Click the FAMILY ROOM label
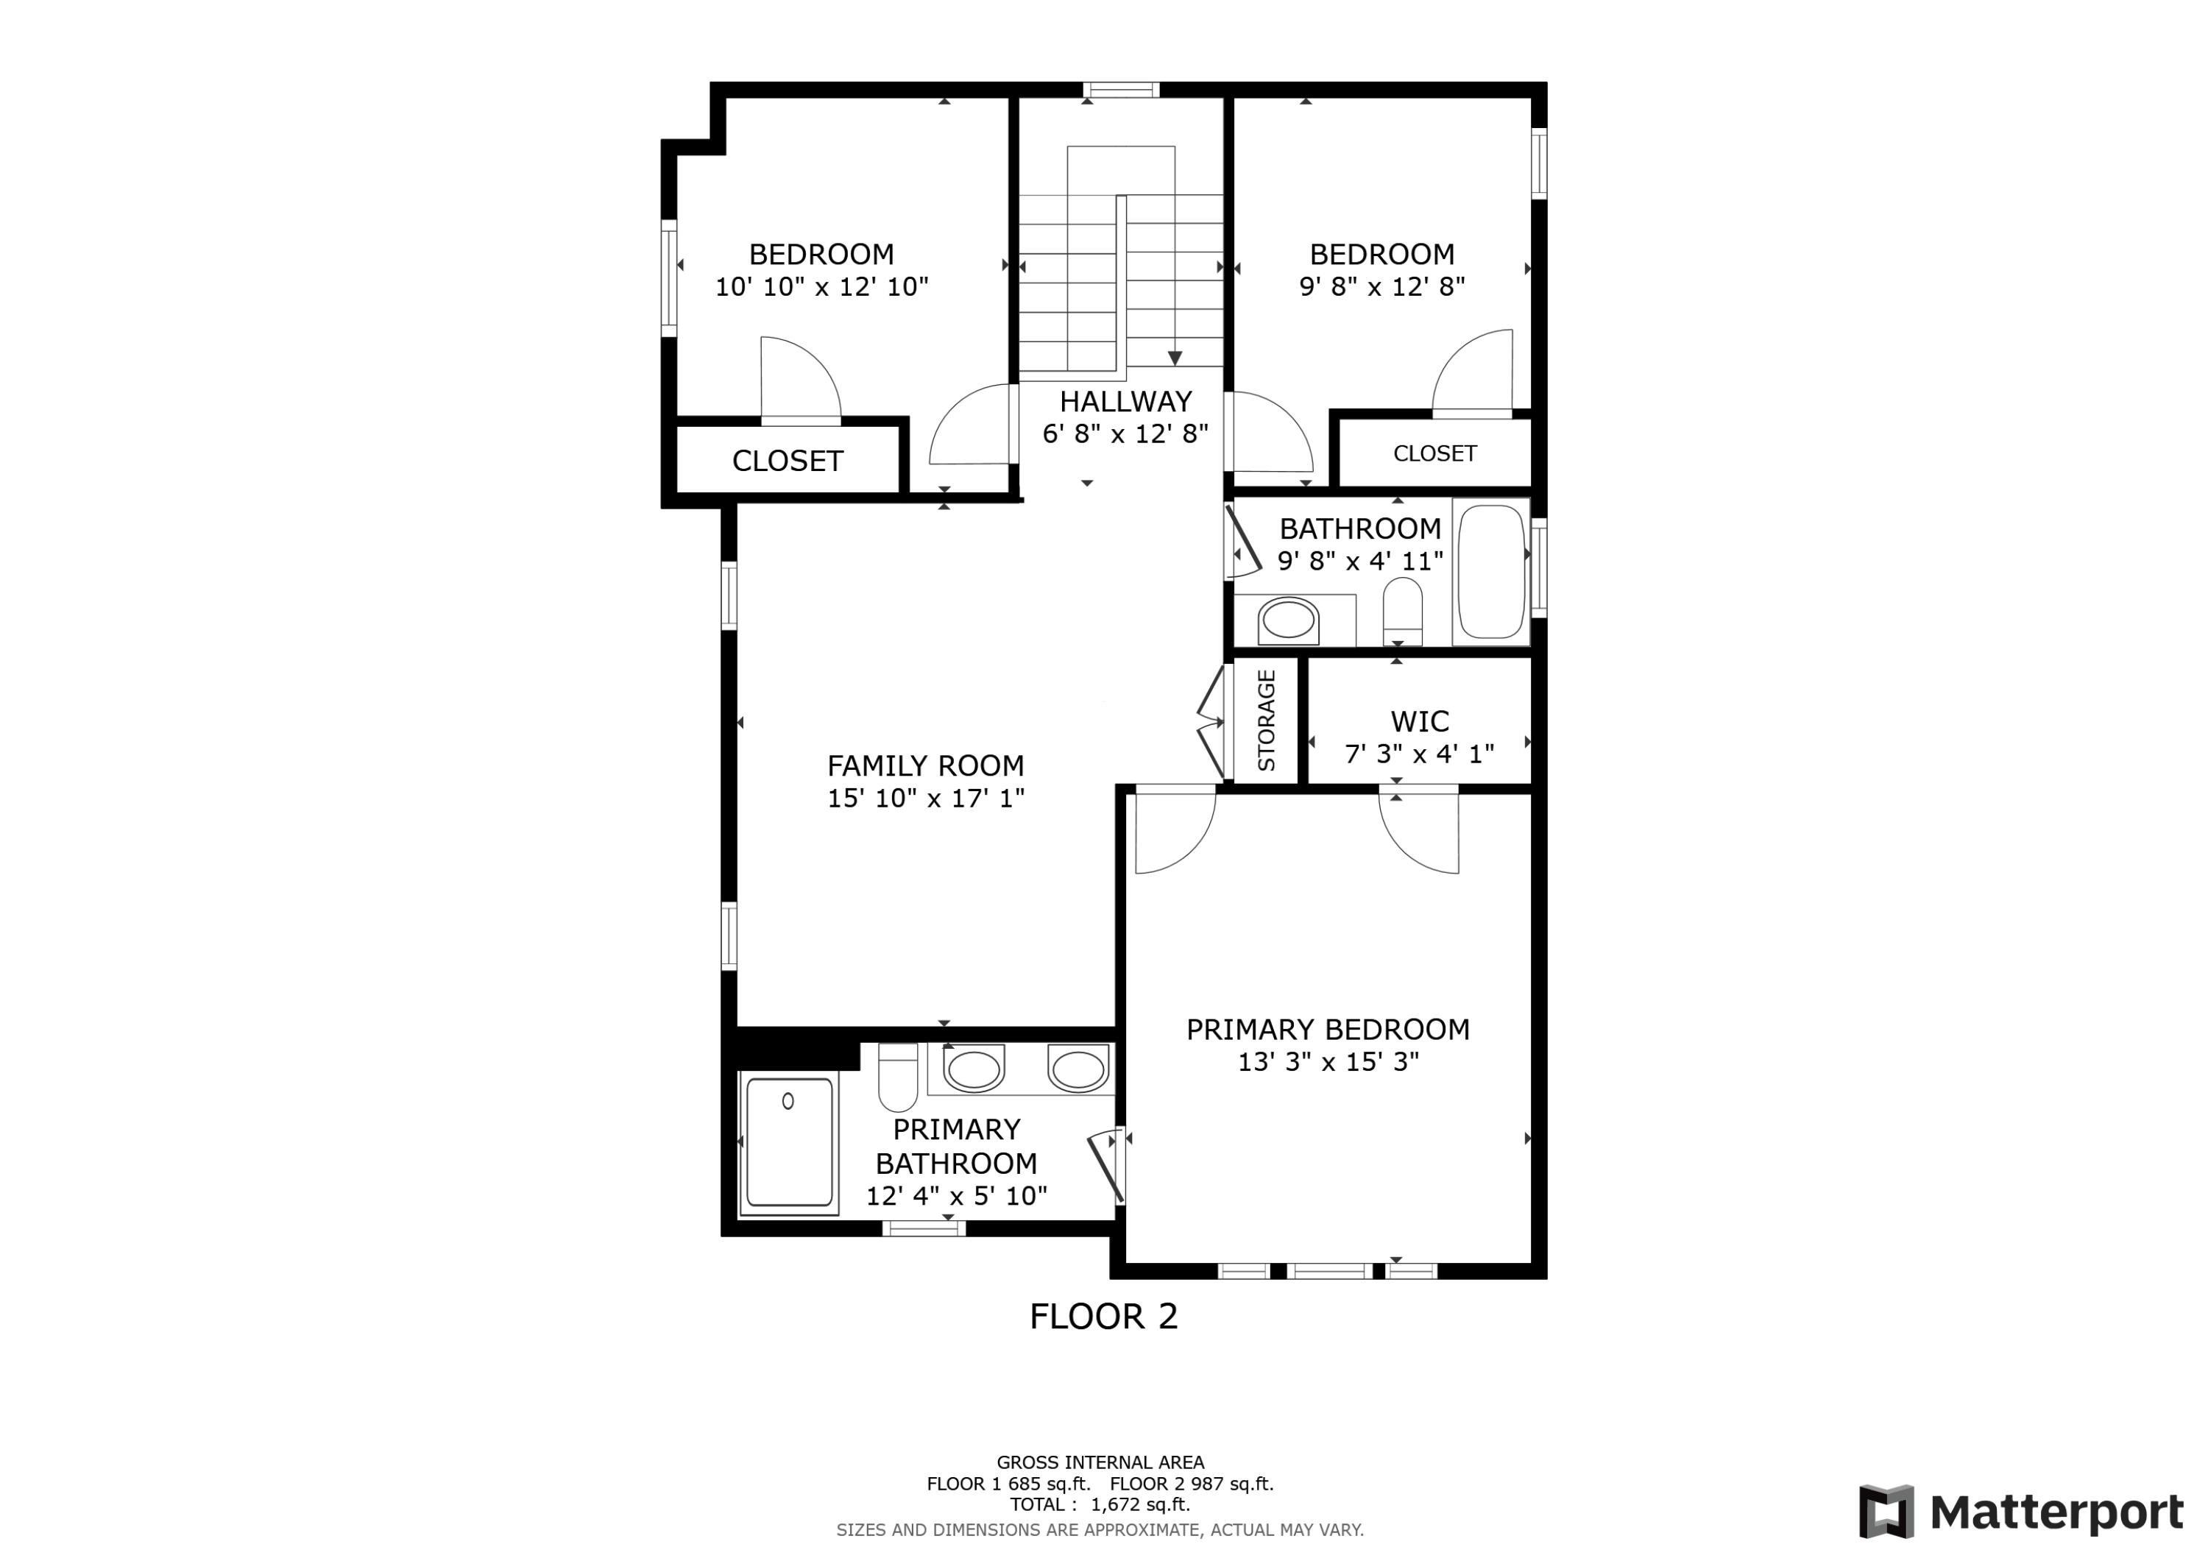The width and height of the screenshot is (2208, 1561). coord(925,765)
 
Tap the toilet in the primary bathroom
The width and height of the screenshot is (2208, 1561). coord(897,1078)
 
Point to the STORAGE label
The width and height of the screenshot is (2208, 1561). coord(1267,721)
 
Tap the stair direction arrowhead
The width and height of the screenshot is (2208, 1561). coord(1174,358)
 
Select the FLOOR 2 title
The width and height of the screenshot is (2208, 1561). coord(1103,1316)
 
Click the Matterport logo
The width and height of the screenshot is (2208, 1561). coord(2020,1512)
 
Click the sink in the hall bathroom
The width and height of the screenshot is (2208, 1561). coord(1288,620)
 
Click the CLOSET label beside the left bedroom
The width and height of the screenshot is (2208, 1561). coord(787,461)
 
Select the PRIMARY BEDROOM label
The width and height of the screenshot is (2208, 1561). coord(1327,1029)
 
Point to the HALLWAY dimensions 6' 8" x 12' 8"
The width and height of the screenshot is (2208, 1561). coord(1125,433)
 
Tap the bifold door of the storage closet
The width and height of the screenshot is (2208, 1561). coord(1211,721)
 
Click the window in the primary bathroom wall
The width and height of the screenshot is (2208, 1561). coord(923,1228)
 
